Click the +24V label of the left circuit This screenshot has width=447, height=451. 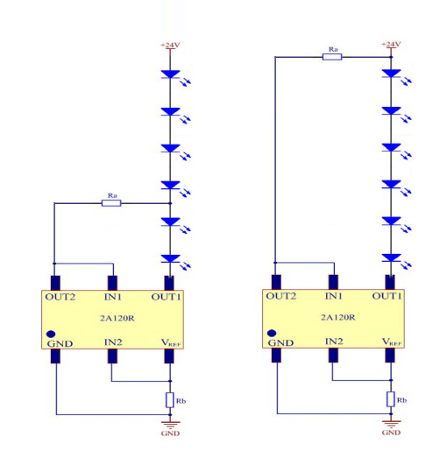click(x=170, y=45)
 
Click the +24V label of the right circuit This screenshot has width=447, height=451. click(x=391, y=44)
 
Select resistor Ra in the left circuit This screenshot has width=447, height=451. click(x=111, y=203)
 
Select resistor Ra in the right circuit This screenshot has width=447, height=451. click(x=332, y=57)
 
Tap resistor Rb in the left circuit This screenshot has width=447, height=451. click(x=170, y=400)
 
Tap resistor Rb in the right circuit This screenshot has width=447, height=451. click(x=391, y=399)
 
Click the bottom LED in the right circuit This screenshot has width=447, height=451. click(x=396, y=261)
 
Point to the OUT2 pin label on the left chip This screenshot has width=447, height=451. click(x=60, y=297)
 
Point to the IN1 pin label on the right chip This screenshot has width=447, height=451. click(x=334, y=296)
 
